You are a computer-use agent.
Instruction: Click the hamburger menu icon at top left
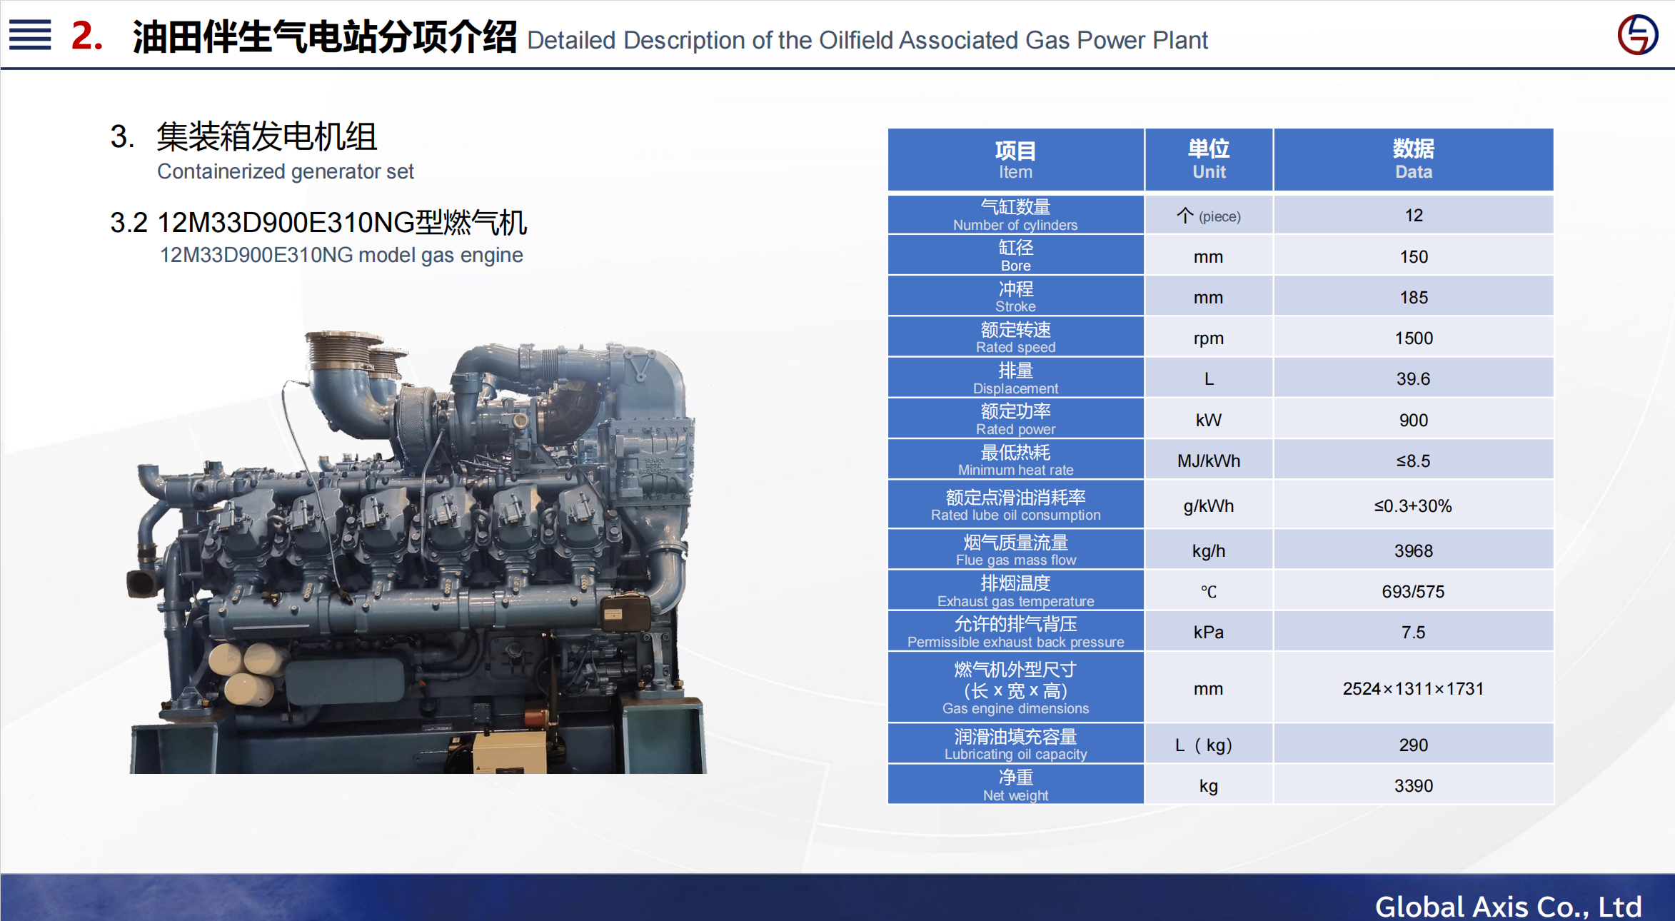tap(30, 35)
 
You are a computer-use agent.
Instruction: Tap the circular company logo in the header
tap(1638, 34)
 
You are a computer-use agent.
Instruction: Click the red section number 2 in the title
tap(87, 36)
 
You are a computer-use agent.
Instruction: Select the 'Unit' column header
tap(1209, 159)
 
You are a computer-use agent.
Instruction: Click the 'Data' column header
tap(1414, 159)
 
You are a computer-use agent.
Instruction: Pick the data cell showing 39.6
tap(1414, 378)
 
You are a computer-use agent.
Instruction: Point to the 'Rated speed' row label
tap(1015, 337)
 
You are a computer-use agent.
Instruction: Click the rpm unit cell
tap(1209, 338)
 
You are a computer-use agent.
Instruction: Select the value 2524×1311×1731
tap(1414, 688)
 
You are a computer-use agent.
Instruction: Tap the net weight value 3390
tap(1414, 785)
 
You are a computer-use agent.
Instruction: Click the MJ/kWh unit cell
tap(1209, 460)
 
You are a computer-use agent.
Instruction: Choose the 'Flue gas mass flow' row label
tap(1015, 550)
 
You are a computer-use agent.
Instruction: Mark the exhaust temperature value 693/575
tap(1414, 591)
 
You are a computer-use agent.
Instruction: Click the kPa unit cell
tap(1209, 632)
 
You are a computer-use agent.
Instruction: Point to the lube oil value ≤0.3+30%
tap(1414, 505)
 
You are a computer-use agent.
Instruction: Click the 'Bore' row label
tap(1015, 256)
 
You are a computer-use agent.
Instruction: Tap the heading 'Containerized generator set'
tap(286, 171)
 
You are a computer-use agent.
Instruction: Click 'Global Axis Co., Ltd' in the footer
tap(1508, 906)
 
